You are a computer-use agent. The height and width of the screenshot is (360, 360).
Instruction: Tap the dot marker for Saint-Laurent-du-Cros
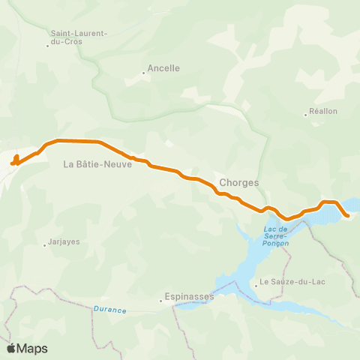coord(47,46)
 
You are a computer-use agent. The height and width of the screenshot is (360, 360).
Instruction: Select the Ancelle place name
coord(163,67)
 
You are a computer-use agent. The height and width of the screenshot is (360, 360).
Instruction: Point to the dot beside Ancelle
coord(143,73)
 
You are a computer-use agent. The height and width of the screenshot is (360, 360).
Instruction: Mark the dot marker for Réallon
coord(305,115)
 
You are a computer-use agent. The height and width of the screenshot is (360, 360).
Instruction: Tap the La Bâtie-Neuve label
coord(97,164)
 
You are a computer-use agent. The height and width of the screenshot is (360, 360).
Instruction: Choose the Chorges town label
coord(239,182)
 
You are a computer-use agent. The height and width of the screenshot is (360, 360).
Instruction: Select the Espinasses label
coord(190,296)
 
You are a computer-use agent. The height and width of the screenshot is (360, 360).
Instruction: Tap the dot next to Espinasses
coord(160,301)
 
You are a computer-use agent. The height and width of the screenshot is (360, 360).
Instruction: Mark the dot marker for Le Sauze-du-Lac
coord(256,283)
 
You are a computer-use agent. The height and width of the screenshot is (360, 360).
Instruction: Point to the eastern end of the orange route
coord(349,216)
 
